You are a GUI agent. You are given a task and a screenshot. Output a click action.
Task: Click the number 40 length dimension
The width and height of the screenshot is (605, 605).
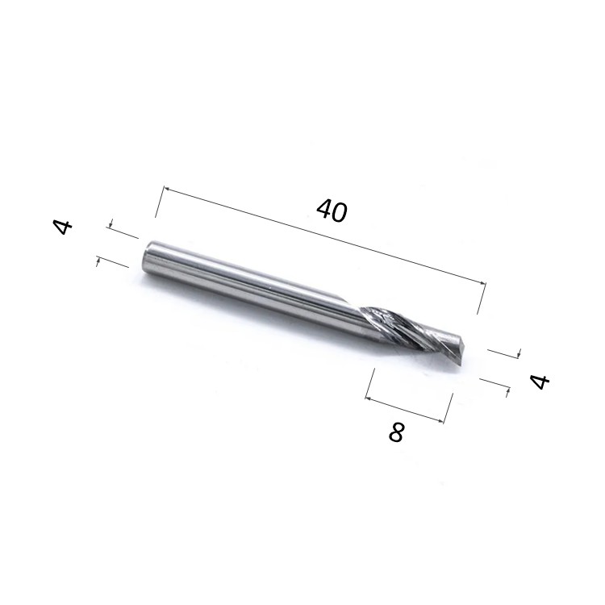(332, 211)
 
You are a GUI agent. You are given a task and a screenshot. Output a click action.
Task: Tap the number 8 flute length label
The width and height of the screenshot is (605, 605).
(396, 432)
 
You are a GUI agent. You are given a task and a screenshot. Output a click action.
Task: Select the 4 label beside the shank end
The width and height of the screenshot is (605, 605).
(62, 227)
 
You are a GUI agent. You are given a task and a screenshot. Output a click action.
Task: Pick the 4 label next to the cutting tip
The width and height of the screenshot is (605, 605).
(540, 382)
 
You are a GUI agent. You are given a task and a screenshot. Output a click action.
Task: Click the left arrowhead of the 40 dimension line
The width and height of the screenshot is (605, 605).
(168, 189)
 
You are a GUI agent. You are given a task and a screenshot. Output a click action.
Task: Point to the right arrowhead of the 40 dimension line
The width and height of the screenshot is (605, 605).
(482, 283)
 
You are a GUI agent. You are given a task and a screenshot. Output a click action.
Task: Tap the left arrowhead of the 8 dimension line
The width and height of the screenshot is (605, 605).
(369, 398)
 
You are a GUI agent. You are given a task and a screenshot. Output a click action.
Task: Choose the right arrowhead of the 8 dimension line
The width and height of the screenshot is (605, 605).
(441, 420)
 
